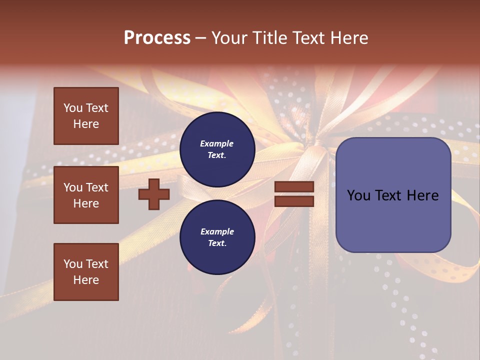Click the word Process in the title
click(x=157, y=38)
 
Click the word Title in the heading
click(x=268, y=38)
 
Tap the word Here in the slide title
click(x=348, y=38)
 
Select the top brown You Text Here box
click(x=86, y=116)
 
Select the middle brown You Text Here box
click(x=86, y=195)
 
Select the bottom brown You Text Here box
click(x=86, y=271)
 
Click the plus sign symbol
click(x=154, y=194)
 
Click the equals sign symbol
click(x=294, y=194)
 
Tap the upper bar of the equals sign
click(x=294, y=187)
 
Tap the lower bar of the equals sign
click(x=294, y=201)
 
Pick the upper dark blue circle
click(x=217, y=149)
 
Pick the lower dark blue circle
click(x=217, y=237)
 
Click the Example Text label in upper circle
click(x=217, y=149)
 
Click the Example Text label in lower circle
click(x=217, y=237)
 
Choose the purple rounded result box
click(x=393, y=195)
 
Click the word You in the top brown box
click(x=73, y=108)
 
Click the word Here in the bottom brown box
click(x=86, y=280)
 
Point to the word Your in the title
click(x=228, y=38)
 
